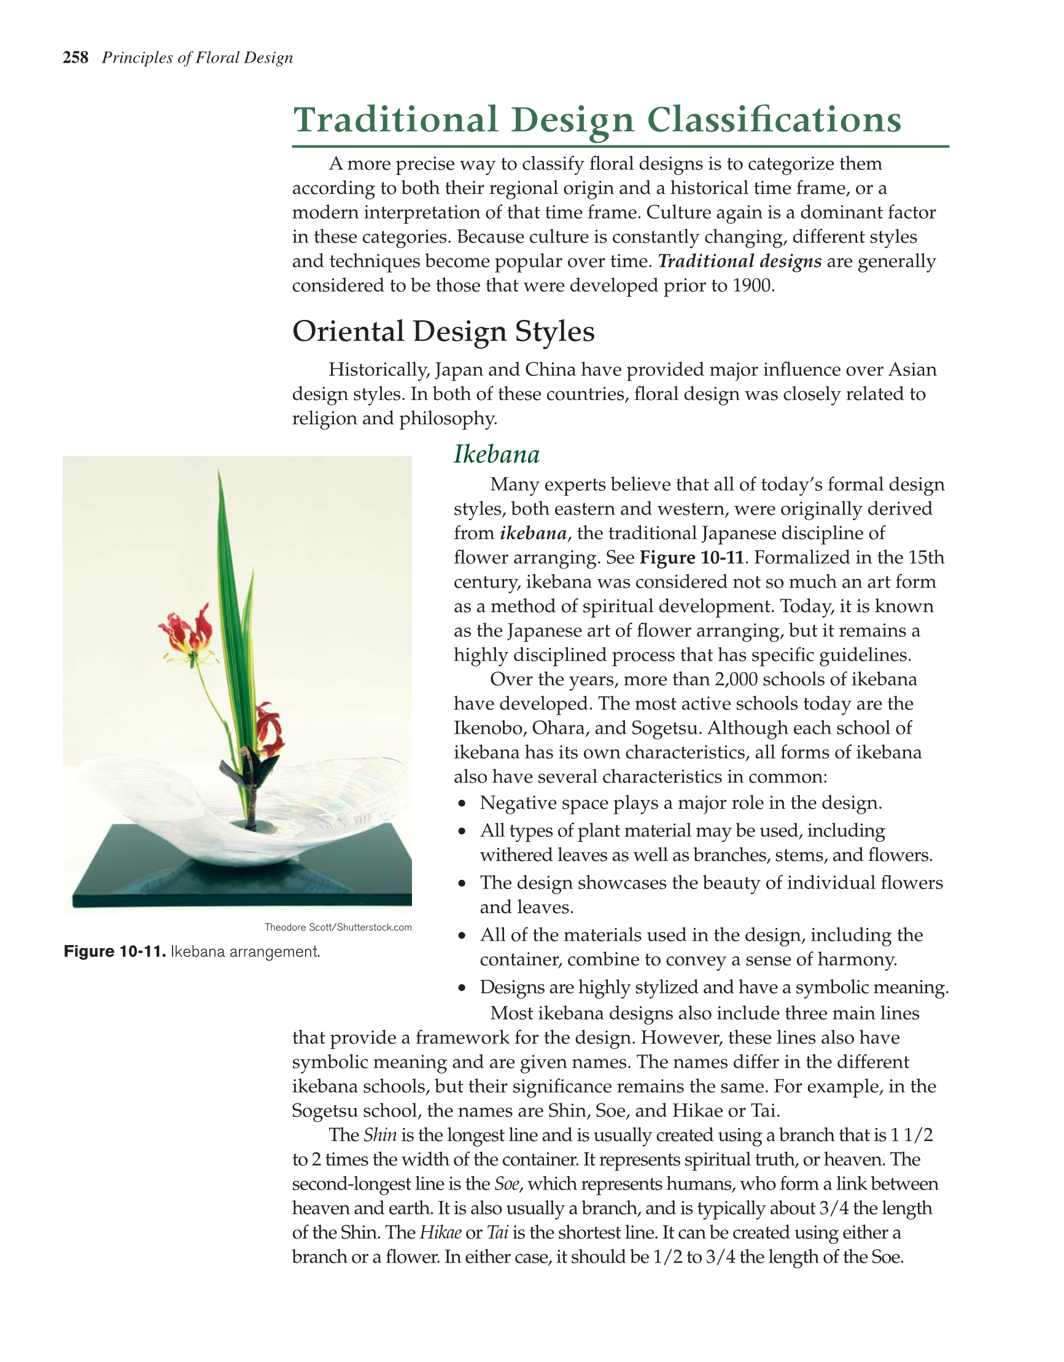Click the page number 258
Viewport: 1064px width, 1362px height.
(76, 58)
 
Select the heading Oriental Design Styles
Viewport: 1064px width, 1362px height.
(443, 331)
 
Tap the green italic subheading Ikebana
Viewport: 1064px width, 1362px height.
(496, 454)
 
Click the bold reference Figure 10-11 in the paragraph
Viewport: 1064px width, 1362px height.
(692, 558)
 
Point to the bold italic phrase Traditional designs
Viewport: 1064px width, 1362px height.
(739, 262)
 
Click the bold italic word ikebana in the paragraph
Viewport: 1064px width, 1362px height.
(533, 533)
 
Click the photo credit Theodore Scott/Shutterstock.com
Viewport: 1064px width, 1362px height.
(338, 927)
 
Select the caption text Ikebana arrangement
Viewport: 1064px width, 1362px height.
(245, 952)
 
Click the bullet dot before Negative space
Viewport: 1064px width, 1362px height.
(462, 804)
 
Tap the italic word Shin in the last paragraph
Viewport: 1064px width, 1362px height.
(380, 1134)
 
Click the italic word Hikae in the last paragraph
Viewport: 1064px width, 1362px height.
(440, 1232)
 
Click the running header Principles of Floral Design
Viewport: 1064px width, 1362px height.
(197, 58)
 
